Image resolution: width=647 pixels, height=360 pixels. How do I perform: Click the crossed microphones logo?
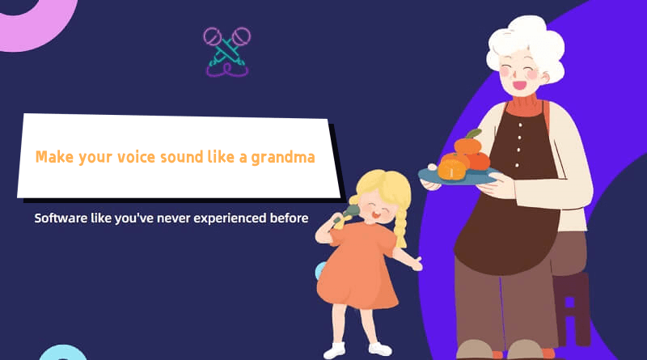point(227,50)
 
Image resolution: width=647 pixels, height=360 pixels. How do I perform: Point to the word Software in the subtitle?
point(63,218)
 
